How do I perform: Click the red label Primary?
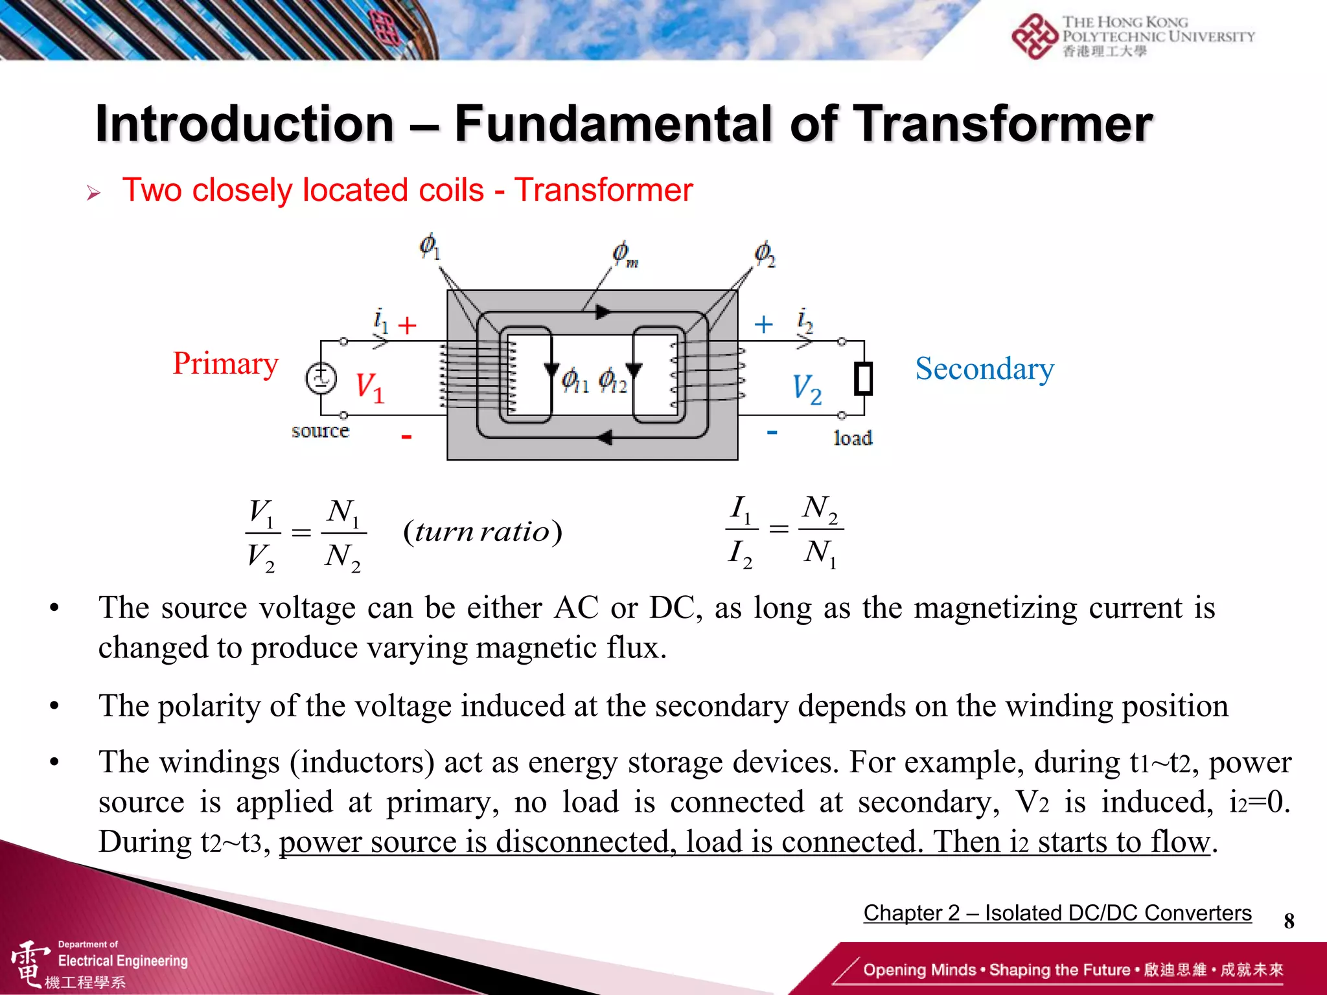[x=225, y=364]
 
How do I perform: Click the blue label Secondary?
[x=984, y=369]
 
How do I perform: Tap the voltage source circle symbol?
[x=321, y=378]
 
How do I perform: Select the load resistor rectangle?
[x=863, y=379]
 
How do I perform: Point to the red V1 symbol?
[x=370, y=387]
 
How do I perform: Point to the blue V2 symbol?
[x=807, y=389]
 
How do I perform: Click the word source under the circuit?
[x=320, y=431]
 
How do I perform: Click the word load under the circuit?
[x=853, y=439]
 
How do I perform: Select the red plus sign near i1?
[x=407, y=325]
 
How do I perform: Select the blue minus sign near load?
[x=772, y=432]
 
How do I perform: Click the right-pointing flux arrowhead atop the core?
[x=603, y=312]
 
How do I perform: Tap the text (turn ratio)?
[x=483, y=532]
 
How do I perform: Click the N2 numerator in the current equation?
[x=820, y=509]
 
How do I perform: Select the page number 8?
[x=1289, y=921]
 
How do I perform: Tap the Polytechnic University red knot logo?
[x=1034, y=36]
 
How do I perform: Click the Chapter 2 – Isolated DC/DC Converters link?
[x=1057, y=913]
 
